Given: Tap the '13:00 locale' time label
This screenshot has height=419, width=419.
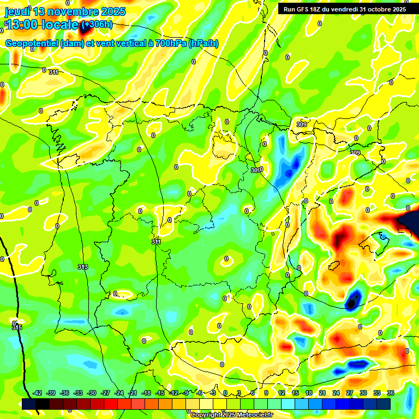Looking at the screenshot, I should click(42, 25).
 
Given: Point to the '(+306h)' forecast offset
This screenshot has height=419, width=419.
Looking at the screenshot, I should click(97, 25).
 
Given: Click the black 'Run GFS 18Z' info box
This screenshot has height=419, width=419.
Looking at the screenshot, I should click(344, 9).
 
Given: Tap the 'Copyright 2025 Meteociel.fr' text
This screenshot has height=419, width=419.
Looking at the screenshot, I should click(232, 415).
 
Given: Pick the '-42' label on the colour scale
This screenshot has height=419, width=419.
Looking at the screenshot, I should click(37, 393).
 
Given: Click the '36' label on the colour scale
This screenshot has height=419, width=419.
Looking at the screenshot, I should click(391, 393).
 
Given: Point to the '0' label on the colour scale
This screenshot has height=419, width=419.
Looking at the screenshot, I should click(225, 393).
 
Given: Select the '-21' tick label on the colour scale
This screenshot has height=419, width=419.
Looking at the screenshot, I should click(133, 393).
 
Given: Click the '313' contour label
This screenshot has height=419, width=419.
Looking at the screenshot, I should click(83, 267).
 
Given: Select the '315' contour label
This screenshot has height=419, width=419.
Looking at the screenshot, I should click(16, 327).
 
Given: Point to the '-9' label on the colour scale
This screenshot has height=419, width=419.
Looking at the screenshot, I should click(186, 393).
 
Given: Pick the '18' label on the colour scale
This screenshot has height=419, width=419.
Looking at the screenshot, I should click(308, 393).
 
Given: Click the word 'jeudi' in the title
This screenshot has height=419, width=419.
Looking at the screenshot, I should click(16, 11).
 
